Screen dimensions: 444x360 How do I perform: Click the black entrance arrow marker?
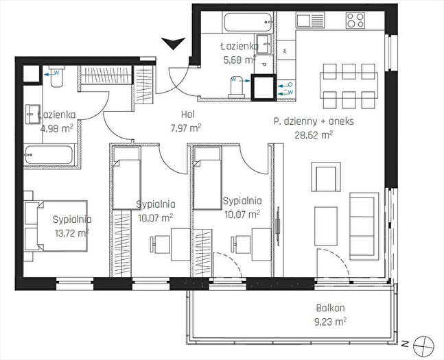click(174, 43)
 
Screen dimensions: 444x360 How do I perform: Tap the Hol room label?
click(187, 115)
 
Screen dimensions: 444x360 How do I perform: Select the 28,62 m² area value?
click(314, 135)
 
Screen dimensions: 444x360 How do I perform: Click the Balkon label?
click(331, 308)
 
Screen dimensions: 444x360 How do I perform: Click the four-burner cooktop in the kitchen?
click(355, 20)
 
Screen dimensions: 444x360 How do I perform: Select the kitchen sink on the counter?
click(310, 20)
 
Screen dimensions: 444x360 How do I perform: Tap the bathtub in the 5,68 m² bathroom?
click(248, 22)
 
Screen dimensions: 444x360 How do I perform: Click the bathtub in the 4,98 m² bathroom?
click(50, 154)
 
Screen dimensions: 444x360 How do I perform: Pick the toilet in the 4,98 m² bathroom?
click(57, 76)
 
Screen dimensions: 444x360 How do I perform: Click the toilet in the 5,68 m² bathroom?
click(237, 87)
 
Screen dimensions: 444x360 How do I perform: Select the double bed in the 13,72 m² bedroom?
click(56, 226)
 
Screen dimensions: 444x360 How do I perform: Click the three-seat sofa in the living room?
click(364, 226)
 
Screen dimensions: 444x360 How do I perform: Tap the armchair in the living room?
click(326, 177)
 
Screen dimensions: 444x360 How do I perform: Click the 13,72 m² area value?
click(72, 232)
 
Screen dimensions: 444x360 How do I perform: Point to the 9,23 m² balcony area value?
click(331, 322)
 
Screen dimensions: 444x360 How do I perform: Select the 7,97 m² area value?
click(186, 128)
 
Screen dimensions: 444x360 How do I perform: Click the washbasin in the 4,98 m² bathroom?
click(33, 114)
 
